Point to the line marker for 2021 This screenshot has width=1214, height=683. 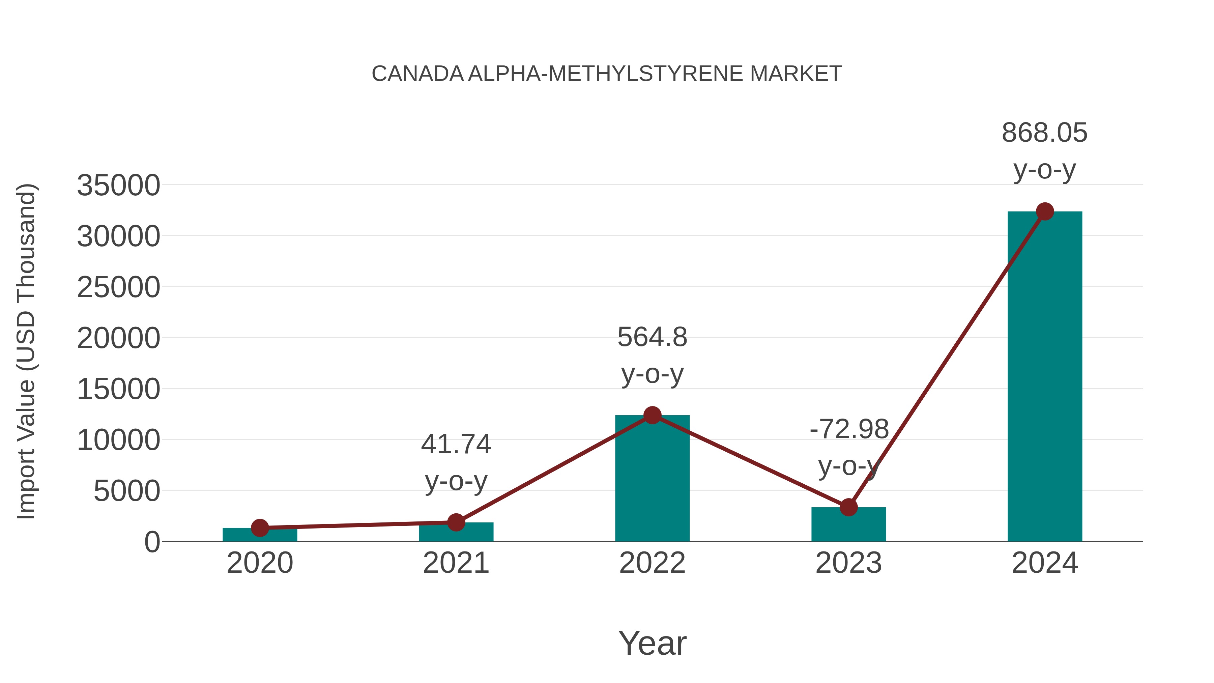coord(456,522)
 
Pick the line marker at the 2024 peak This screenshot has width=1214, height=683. coord(1045,211)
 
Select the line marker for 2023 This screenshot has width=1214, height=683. coord(848,508)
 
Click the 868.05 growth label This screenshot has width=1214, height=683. coord(1044,133)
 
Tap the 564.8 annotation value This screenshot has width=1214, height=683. coord(652,338)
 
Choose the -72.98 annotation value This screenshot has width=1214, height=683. coord(849,429)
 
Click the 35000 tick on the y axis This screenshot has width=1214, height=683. coord(118,185)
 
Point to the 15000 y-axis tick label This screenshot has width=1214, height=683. coord(118,389)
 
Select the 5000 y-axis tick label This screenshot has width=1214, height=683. coord(127,491)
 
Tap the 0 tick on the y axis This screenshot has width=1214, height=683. coord(152,542)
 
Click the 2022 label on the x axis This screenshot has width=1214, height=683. coord(652,563)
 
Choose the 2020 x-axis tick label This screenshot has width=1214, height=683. coord(260,563)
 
